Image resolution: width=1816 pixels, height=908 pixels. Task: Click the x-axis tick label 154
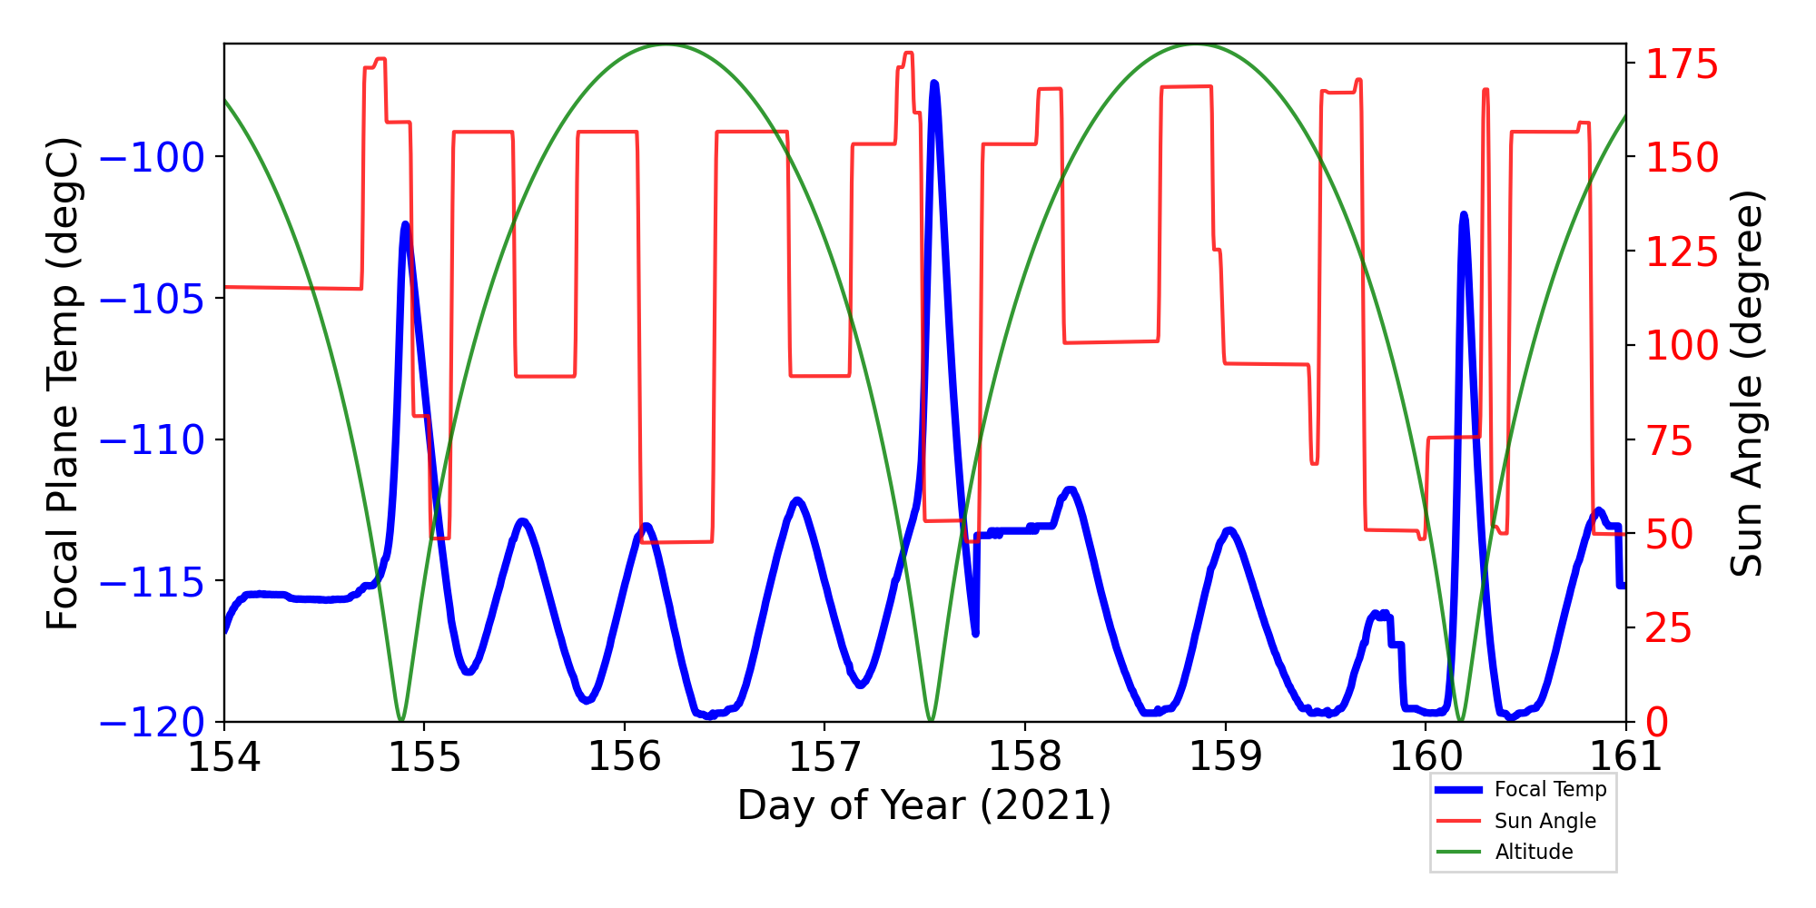click(x=223, y=756)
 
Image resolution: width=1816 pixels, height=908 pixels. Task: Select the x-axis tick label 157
click(x=824, y=756)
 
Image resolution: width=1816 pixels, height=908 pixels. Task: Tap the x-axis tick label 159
click(x=1226, y=756)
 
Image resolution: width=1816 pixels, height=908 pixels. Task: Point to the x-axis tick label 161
click(x=1625, y=756)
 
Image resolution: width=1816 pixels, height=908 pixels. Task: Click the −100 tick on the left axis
click(x=151, y=157)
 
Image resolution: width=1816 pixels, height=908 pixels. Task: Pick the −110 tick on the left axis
click(x=151, y=440)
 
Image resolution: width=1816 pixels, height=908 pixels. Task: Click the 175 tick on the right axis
click(x=1683, y=65)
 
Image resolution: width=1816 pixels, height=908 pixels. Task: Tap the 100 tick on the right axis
click(x=1683, y=345)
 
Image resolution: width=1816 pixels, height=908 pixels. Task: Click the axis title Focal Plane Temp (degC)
click(x=64, y=383)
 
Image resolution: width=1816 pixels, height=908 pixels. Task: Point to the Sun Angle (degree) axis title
click(x=1745, y=383)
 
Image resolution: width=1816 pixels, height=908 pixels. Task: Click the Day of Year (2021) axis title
click(x=924, y=805)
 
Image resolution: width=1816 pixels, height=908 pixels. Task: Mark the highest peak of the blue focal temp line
click(x=934, y=84)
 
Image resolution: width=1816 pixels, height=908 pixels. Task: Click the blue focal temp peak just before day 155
click(x=405, y=224)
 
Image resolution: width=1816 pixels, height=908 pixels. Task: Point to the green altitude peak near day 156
click(x=666, y=44)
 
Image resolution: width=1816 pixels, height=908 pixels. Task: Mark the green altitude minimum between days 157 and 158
click(x=931, y=721)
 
